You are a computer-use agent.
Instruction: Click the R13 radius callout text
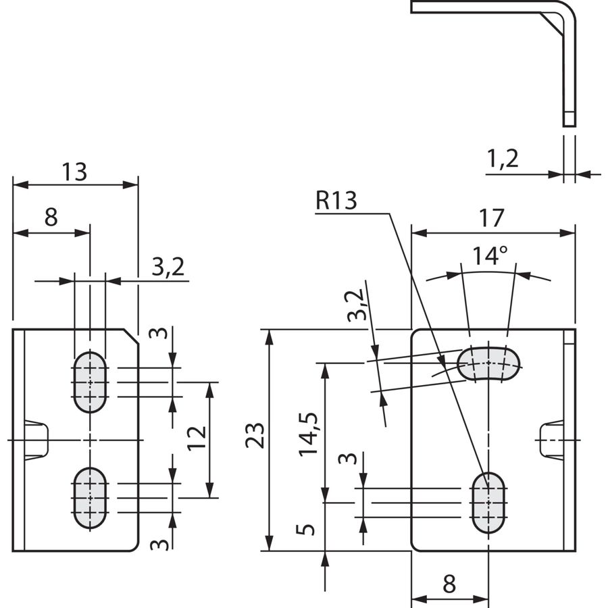coord(336,201)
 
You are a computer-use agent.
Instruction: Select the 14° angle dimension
coord(490,255)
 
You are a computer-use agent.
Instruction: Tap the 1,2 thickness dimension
coord(502,159)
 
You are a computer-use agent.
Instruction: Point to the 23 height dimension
coord(255,435)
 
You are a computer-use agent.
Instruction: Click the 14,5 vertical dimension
coord(308,434)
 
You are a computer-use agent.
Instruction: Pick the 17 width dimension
coord(492,218)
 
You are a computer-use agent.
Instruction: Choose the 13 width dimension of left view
coord(75,172)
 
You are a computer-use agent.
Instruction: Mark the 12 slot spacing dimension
coord(197,438)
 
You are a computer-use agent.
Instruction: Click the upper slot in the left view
coord(90,382)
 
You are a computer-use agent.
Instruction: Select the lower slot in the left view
coord(90,499)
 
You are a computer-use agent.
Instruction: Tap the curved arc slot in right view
coord(488,363)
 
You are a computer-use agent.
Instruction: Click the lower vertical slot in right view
coord(488,503)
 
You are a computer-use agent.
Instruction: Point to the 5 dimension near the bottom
coord(305,529)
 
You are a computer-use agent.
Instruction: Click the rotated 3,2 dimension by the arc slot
coord(356,305)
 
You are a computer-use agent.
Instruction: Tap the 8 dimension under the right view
coord(449,584)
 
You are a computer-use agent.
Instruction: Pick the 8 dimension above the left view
coord(51,217)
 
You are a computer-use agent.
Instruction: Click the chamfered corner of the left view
coord(131,336)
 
